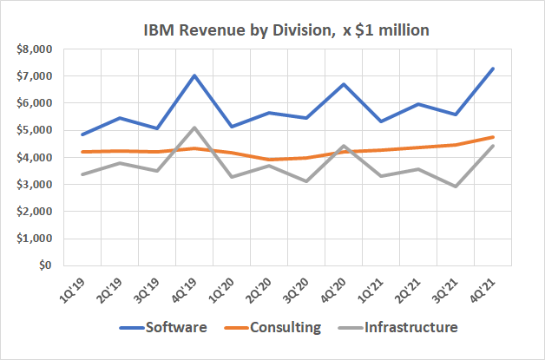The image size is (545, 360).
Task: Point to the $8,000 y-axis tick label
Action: click(32, 49)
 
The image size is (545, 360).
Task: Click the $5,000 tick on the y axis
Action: click(32, 130)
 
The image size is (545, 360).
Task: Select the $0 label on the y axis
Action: click(41, 266)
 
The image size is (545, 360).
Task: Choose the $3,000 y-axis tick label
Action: click(32, 185)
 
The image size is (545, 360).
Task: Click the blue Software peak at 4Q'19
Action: click(194, 75)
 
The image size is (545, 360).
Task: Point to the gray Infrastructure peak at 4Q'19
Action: click(194, 128)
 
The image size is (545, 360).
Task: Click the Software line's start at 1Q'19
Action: click(80, 134)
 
